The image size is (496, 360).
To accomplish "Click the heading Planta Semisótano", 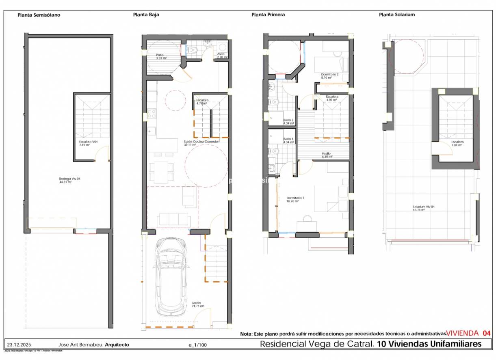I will [x=39, y=15].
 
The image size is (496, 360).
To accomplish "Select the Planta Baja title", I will [x=146, y=15].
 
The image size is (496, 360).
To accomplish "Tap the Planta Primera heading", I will [x=268, y=15].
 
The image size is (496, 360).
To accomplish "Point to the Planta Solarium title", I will [x=396, y=15].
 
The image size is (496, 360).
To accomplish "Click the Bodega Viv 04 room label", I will [x=67, y=180].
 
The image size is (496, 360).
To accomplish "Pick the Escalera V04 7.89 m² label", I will [x=88, y=143].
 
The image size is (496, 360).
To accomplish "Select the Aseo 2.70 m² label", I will [x=221, y=56].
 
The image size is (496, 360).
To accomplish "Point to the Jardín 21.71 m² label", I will [x=197, y=304].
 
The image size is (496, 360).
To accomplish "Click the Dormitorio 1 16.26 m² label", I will [x=292, y=199].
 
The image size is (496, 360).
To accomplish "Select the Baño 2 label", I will [x=288, y=122].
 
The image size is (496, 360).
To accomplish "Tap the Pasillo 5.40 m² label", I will [x=327, y=155].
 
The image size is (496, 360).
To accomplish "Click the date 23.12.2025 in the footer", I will [x=17, y=345].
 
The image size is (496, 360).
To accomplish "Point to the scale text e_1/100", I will [x=197, y=345].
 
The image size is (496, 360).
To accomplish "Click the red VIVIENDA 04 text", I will [x=468, y=333].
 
